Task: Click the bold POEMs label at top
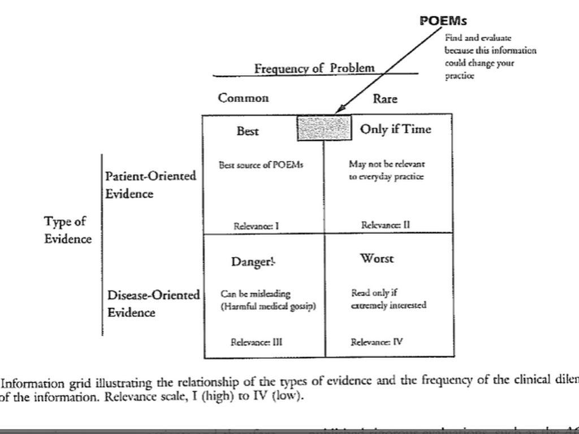point(443,21)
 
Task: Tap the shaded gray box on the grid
point(324,128)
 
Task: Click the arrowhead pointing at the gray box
point(339,110)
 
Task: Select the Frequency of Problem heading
point(314,68)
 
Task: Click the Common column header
point(244,98)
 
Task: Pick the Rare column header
point(385,99)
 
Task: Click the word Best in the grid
point(248,131)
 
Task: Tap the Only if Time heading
point(395,129)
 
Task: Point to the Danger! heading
point(253,262)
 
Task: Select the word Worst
point(377,259)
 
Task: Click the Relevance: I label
point(256,226)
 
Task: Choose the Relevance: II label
point(386,225)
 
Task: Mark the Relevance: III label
point(257,342)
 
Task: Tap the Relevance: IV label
point(377,342)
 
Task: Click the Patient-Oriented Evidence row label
point(150,184)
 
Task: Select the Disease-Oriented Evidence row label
point(153,303)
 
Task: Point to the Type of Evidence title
point(67,230)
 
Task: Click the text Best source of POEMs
point(261,165)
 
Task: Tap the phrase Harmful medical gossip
point(268,306)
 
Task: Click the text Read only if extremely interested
point(388,300)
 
